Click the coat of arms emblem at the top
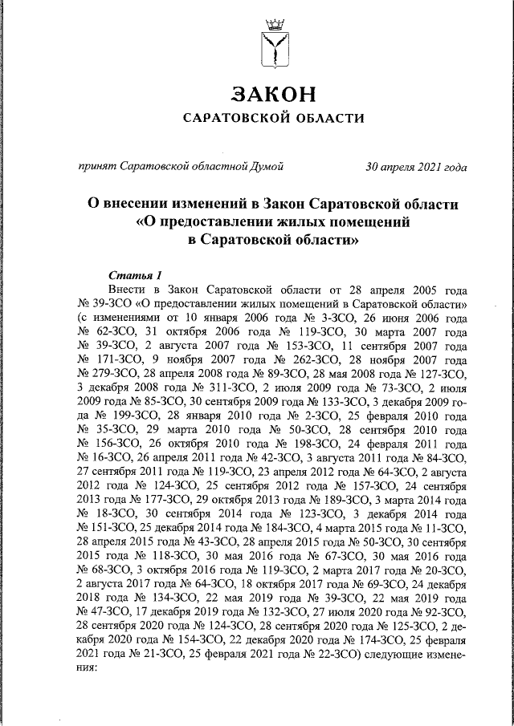click(x=275, y=45)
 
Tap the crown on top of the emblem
click(x=275, y=22)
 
